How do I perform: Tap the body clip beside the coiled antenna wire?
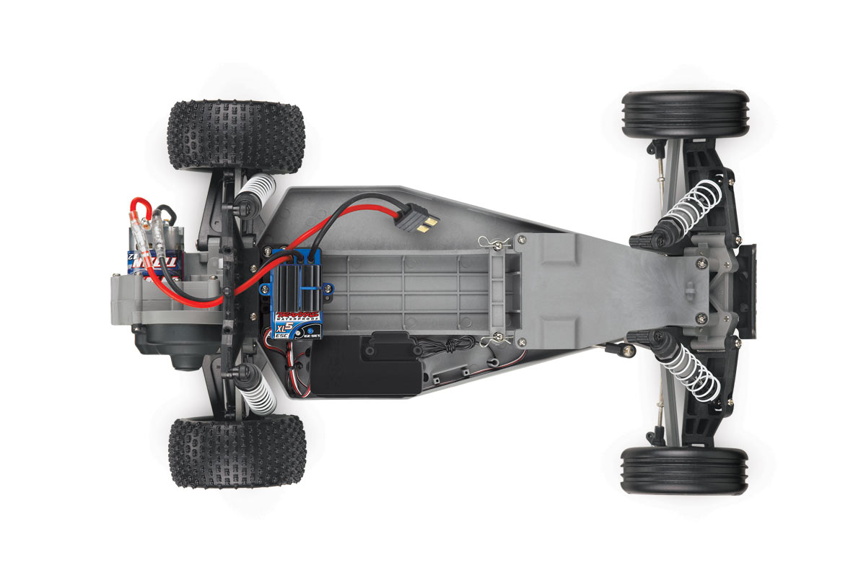tap(489, 339)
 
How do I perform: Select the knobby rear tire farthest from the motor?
tap(237, 451)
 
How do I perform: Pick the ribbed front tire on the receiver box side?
tap(683, 470)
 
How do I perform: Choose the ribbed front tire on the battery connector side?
tap(685, 114)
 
